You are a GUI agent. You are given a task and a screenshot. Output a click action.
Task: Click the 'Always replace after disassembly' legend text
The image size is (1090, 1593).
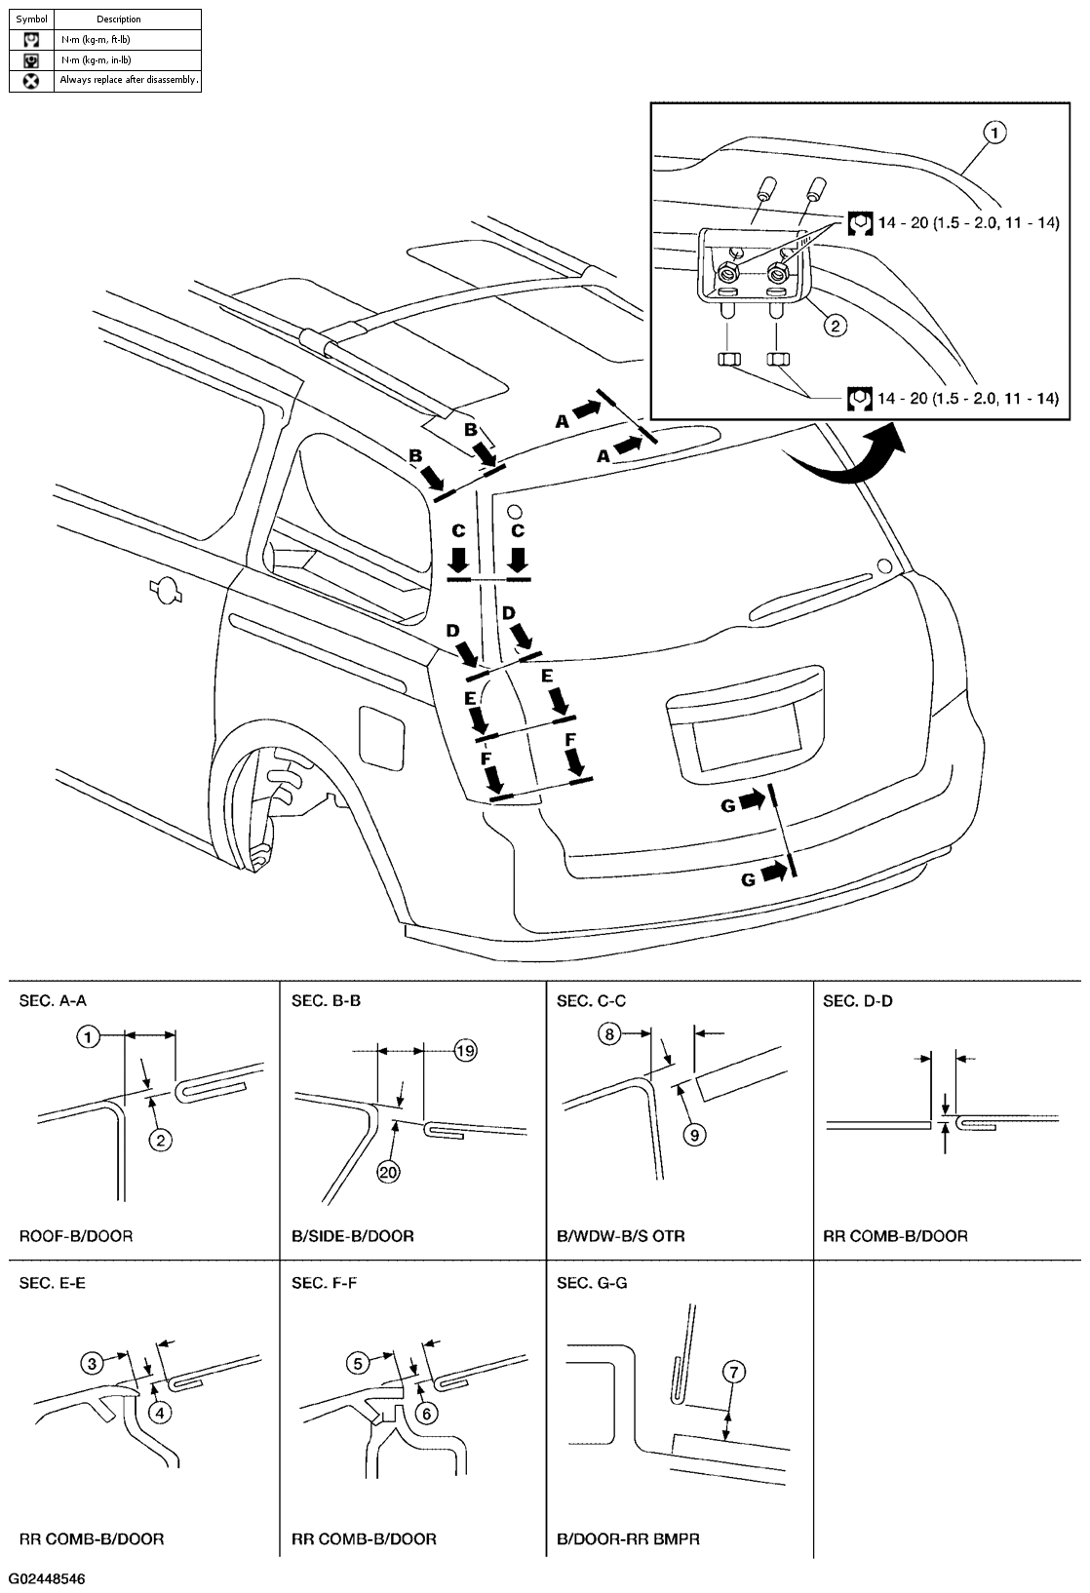(x=128, y=80)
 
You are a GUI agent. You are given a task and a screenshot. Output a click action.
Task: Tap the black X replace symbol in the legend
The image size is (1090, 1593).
(x=31, y=81)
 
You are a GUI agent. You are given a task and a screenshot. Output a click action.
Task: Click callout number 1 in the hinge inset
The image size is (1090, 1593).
(x=994, y=133)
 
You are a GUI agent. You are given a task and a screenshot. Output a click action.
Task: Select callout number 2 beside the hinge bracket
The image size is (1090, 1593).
(x=835, y=326)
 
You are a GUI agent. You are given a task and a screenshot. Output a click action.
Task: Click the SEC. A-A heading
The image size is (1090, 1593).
(x=53, y=1000)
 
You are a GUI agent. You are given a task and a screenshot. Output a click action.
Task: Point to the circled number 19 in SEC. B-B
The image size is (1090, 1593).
(x=465, y=1050)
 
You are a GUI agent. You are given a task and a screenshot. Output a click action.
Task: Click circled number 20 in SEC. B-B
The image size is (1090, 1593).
(x=388, y=1172)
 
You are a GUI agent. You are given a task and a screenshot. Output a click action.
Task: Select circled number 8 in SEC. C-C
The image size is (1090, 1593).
(x=609, y=1033)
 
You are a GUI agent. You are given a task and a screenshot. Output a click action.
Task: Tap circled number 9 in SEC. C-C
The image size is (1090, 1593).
(x=695, y=1135)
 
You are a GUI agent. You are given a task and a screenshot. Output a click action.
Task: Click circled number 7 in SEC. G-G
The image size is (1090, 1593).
(x=734, y=1372)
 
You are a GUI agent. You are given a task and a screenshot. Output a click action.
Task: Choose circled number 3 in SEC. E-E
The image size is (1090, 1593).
(x=92, y=1363)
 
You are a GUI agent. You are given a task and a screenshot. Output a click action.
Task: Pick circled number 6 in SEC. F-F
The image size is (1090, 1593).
(x=427, y=1413)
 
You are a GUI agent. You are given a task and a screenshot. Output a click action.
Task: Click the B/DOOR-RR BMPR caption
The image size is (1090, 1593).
(x=628, y=1539)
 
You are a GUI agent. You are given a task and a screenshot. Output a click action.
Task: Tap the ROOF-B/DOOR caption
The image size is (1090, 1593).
(x=76, y=1236)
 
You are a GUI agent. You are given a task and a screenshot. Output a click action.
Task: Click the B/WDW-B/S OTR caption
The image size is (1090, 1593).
(x=621, y=1236)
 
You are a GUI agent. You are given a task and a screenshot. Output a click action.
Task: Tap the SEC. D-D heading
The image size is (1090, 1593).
(x=858, y=1000)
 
